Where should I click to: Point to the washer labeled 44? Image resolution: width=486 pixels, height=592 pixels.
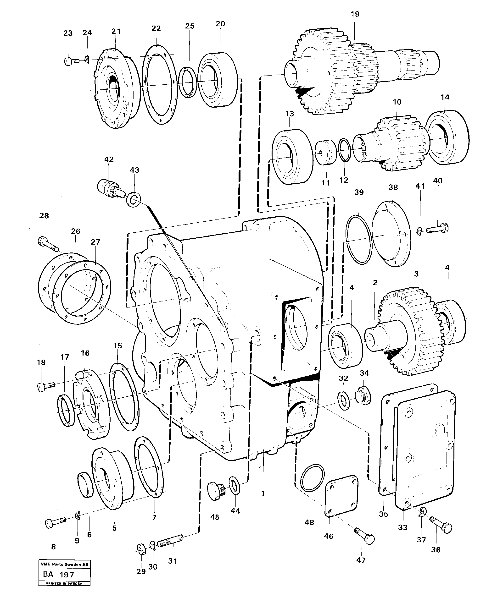[x=234, y=486]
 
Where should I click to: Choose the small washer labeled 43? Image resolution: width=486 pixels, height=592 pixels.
[x=134, y=199]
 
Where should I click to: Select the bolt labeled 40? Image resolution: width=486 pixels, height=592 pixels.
[x=438, y=228]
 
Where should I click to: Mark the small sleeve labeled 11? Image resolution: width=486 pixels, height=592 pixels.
[x=326, y=153]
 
